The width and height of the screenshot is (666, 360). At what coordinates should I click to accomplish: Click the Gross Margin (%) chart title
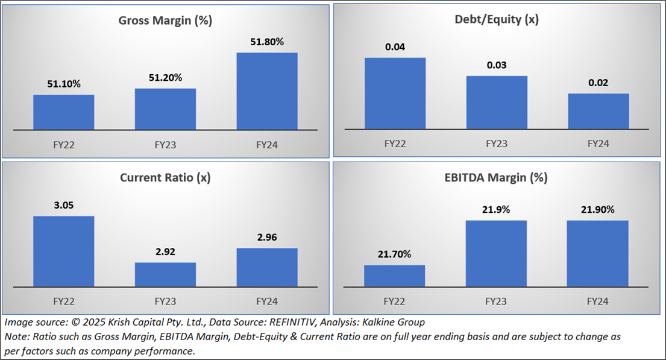165,21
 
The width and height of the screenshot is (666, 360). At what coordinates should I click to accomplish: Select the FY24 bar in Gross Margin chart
267,90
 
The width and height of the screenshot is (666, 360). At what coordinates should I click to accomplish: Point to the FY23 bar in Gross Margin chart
165,109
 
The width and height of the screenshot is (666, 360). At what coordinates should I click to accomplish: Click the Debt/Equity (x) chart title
497,19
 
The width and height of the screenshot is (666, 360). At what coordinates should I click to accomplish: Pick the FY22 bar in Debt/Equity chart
395,93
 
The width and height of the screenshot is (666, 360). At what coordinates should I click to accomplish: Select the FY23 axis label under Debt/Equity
497,144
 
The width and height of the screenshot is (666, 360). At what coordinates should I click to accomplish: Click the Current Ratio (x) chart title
165,177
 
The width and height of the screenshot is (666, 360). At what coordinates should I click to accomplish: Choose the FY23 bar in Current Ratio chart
165,274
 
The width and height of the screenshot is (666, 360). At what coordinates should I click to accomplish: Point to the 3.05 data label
63,205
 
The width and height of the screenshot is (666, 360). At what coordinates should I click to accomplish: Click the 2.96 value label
267,238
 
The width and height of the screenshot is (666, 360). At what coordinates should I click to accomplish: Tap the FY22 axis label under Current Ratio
63,301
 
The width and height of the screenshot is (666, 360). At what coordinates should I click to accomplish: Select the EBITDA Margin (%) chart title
497,177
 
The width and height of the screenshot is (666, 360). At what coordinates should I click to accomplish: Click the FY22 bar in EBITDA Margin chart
395,276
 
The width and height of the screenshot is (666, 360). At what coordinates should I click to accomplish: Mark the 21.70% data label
395,254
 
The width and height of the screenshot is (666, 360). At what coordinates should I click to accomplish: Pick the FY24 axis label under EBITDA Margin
598,301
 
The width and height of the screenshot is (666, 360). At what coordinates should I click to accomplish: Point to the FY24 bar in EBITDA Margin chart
598,253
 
